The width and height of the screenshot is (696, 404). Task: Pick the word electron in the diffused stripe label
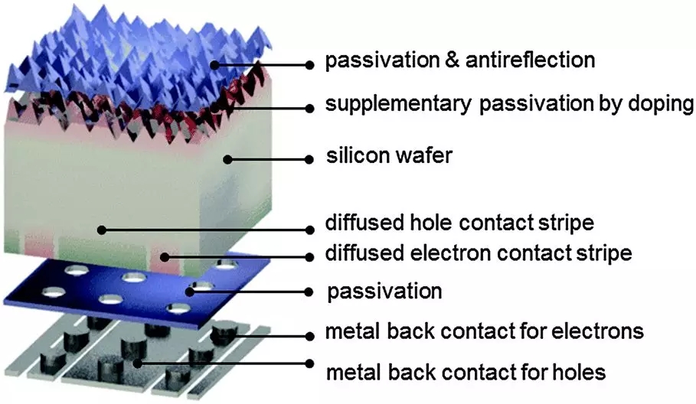pyautogui.click(x=439, y=253)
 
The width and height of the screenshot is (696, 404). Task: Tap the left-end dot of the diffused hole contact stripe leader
pyautogui.click(x=100, y=229)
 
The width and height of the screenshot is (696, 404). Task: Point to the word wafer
pyautogui.click(x=425, y=157)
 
